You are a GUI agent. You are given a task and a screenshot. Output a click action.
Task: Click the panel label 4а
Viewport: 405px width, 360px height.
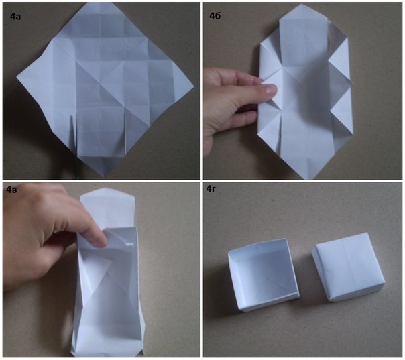click(x=15, y=17)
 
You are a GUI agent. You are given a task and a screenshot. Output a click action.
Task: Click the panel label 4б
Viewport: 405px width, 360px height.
click(x=215, y=17)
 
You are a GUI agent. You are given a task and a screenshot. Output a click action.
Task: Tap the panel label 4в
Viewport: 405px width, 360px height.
click(x=12, y=190)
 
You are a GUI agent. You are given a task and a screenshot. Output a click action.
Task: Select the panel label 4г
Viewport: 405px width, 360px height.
click(x=211, y=189)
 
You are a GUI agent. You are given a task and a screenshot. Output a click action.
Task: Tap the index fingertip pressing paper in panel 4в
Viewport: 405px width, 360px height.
click(x=100, y=241)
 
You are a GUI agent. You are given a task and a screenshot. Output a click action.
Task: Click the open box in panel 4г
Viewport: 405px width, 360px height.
click(x=264, y=274)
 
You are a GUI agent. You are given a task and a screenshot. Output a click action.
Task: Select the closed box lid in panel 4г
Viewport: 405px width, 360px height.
click(x=348, y=267)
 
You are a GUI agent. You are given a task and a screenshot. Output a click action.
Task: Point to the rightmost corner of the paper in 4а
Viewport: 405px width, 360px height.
click(x=194, y=85)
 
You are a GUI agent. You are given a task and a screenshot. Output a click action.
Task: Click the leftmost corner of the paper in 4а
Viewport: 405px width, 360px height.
click(x=17, y=77)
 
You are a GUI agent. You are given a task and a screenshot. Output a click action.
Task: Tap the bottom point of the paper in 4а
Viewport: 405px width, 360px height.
click(x=104, y=177)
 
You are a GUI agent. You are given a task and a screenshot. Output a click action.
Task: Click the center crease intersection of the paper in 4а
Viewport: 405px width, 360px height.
click(x=100, y=83)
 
